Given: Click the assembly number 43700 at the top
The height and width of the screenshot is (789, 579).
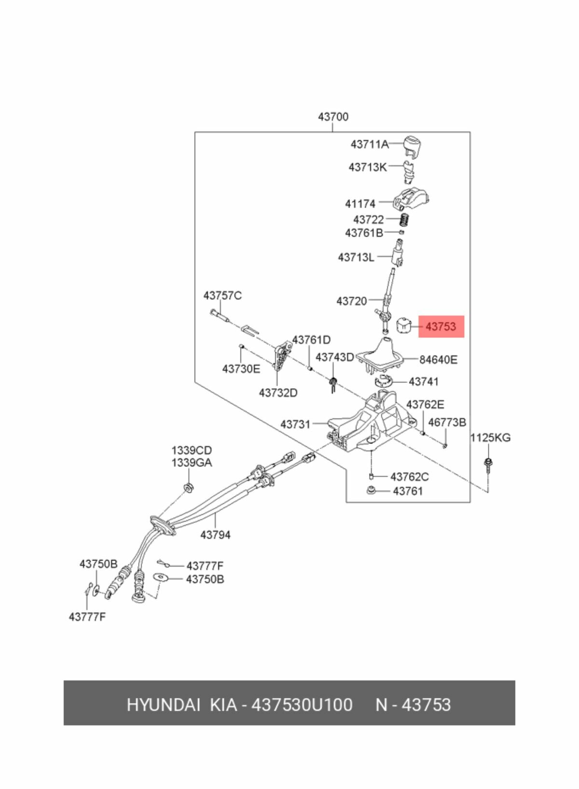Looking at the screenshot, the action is (x=333, y=117).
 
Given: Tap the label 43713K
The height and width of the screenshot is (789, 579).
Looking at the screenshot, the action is (x=368, y=166).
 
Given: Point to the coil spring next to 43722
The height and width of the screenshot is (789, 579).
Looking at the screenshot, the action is (x=406, y=220).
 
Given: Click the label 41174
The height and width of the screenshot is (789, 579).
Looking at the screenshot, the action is (x=360, y=204).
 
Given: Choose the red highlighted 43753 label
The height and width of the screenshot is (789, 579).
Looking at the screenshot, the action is (x=441, y=326).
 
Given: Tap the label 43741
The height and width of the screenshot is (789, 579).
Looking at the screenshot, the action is (x=423, y=381).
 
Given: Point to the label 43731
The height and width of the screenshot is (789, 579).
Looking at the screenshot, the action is (x=295, y=424).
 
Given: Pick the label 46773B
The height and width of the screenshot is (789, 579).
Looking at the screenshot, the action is (x=447, y=422).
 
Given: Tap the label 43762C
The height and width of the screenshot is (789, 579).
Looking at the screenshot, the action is (x=410, y=477).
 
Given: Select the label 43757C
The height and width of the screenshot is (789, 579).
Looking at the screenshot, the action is (x=222, y=296).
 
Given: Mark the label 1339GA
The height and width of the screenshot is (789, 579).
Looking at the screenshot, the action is (x=192, y=463).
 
